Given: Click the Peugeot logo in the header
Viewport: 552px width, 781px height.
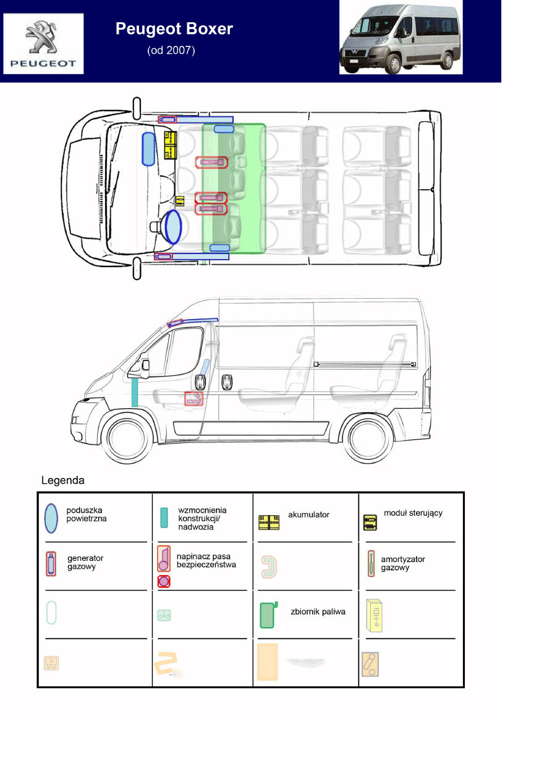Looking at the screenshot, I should pos(43,43).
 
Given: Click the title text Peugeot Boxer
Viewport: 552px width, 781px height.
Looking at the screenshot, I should pos(174,29).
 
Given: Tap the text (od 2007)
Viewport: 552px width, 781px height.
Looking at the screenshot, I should pos(171,51).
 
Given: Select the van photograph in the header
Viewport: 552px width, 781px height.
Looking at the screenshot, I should pos(401,38).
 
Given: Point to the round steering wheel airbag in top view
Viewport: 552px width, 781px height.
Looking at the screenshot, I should pos(173,226).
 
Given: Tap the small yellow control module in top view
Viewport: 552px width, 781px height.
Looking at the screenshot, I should pos(180,200).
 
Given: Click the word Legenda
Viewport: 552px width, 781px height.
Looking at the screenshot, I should pos(63,480).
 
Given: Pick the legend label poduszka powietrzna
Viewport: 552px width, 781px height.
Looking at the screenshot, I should pos(87,514).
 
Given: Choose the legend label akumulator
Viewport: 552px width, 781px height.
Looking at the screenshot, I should pos(308,514).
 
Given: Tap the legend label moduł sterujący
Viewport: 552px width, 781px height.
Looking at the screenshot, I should pos(413,513).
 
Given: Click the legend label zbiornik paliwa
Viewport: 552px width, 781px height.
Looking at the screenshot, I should pos(318,612).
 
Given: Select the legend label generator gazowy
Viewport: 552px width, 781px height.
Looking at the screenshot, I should pos(85,563).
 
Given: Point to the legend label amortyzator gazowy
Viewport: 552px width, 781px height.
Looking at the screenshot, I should pos(402,563).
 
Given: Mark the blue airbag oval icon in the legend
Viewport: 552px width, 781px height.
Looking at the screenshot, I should pos(51,518).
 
